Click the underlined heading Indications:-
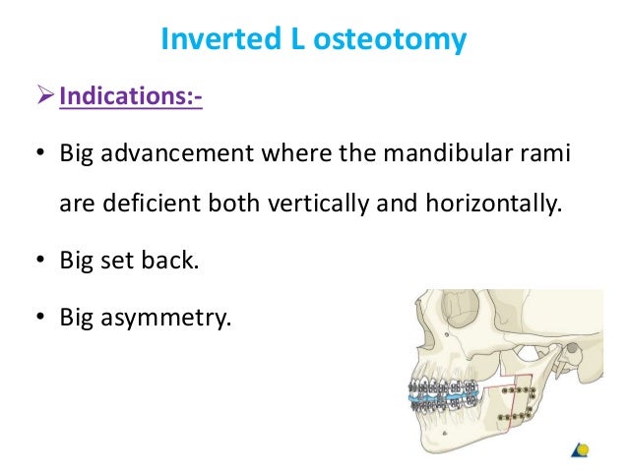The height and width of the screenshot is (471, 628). pyautogui.click(x=131, y=99)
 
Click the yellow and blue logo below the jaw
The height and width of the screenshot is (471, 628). pyautogui.click(x=582, y=449)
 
